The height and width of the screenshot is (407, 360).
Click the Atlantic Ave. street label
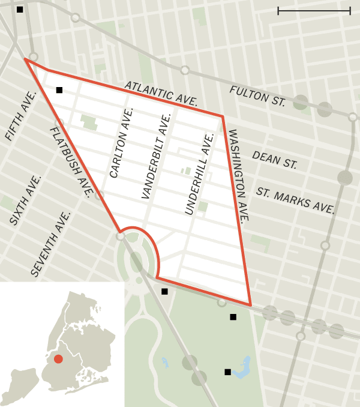160,93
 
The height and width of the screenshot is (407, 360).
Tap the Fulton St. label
257,96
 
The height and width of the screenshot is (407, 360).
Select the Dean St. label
274,160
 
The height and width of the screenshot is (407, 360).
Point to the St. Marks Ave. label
295,200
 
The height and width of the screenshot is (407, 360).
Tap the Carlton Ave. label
122,143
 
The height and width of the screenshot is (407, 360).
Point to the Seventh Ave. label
50,244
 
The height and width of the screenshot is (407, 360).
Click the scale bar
314,10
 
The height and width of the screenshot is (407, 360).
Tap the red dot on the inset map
58,359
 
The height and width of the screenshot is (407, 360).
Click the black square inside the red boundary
59,90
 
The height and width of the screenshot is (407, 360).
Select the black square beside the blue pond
227,372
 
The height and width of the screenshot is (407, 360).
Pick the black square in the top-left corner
20,10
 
